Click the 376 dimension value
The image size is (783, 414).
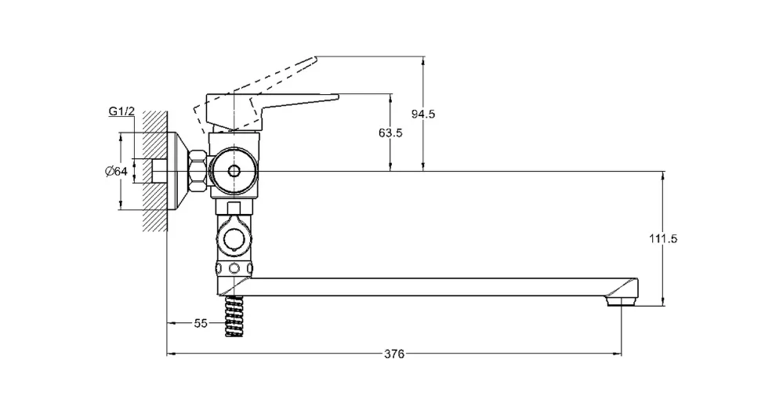(394, 354)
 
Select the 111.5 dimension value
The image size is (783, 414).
(663, 238)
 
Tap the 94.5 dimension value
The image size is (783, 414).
(423, 114)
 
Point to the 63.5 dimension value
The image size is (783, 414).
(390, 133)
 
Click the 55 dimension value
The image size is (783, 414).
(201, 323)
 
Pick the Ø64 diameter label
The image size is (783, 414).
(116, 171)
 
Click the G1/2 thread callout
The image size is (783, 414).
(121, 111)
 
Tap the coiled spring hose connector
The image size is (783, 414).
(234, 316)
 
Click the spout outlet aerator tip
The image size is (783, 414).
(622, 300)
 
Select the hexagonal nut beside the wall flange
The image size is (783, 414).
(198, 171)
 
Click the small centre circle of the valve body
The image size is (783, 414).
(234, 171)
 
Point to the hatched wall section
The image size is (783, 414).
(154, 171)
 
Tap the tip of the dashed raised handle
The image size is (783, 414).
(316, 60)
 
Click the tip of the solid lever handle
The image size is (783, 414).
(338, 96)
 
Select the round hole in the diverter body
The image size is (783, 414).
(234, 240)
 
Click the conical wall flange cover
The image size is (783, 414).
(178, 171)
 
